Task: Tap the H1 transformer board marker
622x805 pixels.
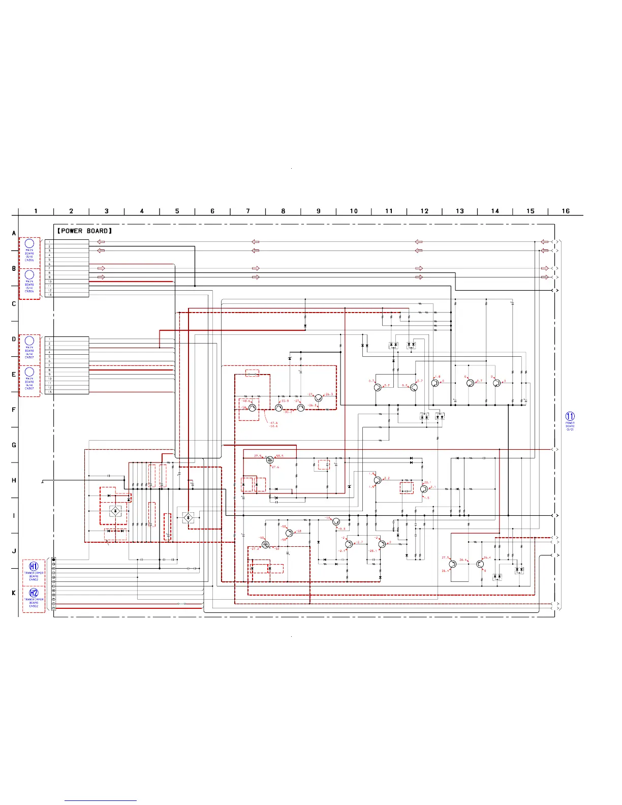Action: point(34,566)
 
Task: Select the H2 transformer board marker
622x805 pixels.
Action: point(34,593)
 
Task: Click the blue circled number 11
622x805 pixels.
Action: point(570,416)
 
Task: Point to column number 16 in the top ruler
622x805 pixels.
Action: point(566,211)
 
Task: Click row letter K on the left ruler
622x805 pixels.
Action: point(14,593)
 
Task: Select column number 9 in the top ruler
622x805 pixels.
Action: point(319,211)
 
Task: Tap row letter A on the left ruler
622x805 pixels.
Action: point(14,233)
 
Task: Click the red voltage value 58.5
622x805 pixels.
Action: point(279,456)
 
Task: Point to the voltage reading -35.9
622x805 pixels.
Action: point(285,401)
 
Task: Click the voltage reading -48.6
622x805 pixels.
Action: point(246,401)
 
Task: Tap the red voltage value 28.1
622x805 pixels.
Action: point(427,482)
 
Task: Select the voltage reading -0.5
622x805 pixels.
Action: point(342,529)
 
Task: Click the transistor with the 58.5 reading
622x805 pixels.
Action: point(270,460)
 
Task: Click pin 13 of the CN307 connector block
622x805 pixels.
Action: point(49,392)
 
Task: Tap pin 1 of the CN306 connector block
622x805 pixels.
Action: point(49,242)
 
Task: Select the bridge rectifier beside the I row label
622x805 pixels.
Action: point(116,510)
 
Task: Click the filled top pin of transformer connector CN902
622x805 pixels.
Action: point(54,560)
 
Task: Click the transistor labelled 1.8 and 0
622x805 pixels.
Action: point(435,383)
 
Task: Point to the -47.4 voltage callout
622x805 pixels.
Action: point(274,423)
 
